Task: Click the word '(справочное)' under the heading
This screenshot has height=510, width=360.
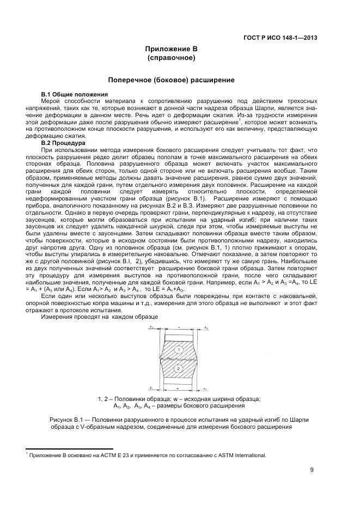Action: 171,57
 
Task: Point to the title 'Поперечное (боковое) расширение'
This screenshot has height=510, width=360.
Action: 171,80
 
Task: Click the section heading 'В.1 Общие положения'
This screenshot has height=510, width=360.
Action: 70,94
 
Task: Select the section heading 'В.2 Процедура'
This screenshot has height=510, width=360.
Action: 64,143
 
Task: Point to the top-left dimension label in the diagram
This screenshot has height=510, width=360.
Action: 151,326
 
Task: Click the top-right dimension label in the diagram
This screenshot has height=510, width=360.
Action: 205,326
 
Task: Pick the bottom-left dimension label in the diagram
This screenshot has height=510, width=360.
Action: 151,388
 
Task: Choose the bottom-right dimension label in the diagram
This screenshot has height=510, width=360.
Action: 205,389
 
